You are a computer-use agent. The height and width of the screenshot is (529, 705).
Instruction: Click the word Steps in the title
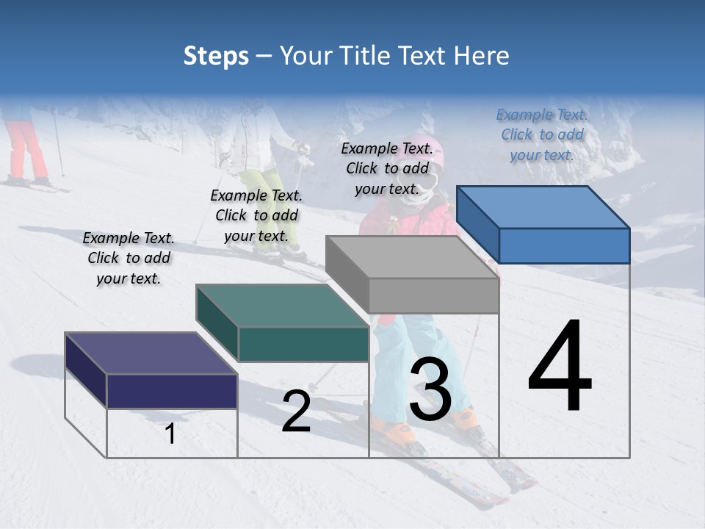[216, 56]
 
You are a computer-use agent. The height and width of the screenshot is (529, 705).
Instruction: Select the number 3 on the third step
[430, 389]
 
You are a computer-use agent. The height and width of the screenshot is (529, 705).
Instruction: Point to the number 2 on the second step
[296, 411]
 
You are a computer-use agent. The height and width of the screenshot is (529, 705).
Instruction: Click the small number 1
[170, 434]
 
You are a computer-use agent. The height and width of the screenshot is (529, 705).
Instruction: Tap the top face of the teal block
[282, 306]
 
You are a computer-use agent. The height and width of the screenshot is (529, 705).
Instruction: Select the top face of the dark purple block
[151, 353]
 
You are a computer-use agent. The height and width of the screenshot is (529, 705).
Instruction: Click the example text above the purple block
[129, 258]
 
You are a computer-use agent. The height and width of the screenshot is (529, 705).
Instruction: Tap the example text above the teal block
[256, 215]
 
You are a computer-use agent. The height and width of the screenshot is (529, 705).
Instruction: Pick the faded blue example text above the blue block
[542, 134]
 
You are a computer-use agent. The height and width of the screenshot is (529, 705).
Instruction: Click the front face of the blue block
[564, 245]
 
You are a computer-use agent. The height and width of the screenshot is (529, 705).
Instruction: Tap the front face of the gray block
[433, 296]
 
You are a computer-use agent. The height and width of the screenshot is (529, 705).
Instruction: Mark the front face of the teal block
[303, 344]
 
